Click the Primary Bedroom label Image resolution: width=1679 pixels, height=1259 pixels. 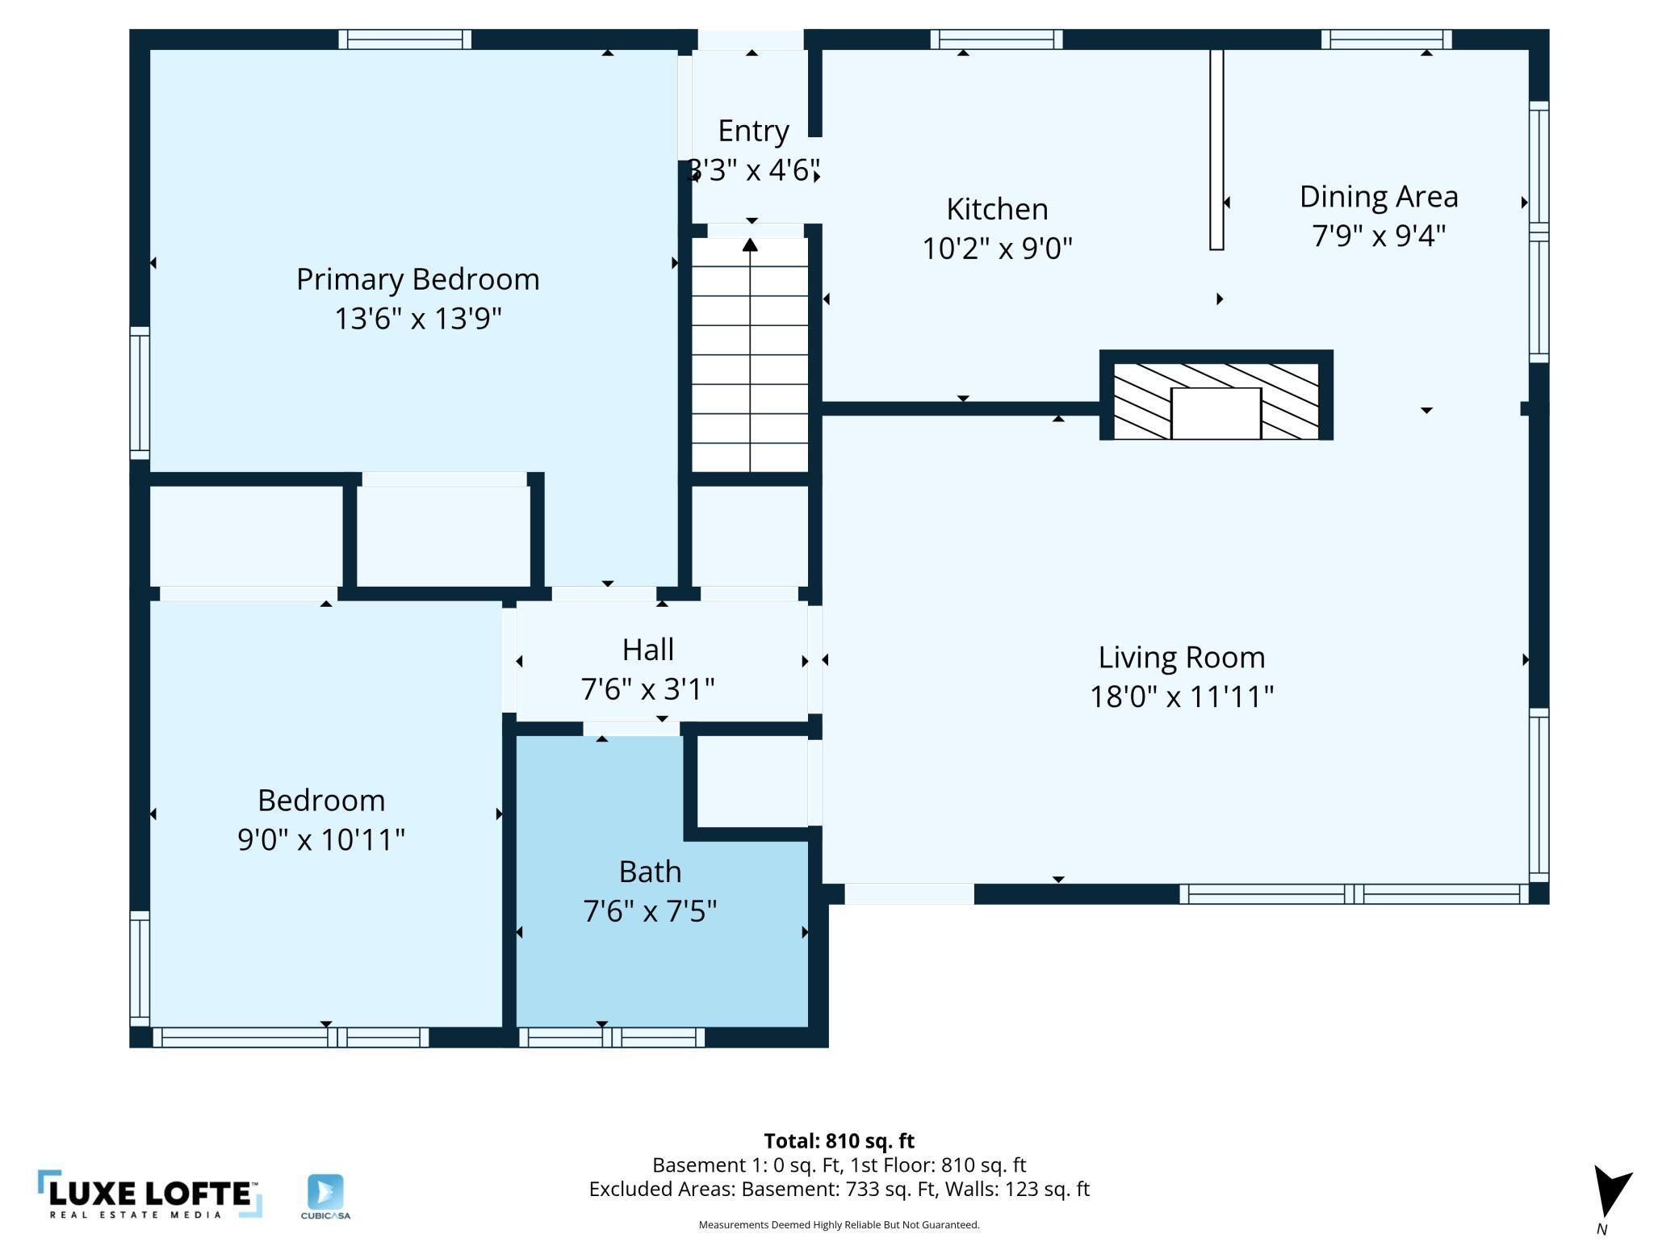pos(417,279)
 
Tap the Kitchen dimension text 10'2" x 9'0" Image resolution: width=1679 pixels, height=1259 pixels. pos(997,248)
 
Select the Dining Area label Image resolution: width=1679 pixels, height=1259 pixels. pos(1379,197)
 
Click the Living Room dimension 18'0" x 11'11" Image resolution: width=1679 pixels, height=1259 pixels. pos(1182,696)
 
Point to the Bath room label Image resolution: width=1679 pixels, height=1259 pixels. pos(650,872)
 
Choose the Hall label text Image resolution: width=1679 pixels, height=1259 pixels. pos(648,650)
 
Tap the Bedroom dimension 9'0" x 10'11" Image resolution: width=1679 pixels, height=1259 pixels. pos(321,839)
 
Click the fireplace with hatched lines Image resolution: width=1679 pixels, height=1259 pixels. pos(1216,395)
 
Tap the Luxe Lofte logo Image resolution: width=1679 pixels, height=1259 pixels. pos(150,1194)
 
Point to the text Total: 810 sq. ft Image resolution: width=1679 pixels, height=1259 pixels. pos(839,1141)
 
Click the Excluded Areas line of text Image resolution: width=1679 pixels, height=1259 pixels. pos(839,1189)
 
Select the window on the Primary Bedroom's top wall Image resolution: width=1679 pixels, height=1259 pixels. pos(404,40)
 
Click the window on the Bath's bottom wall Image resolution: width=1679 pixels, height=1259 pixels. pos(611,1037)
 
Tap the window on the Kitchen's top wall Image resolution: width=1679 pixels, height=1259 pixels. pos(996,40)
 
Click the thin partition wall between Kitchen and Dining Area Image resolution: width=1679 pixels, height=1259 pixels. pos(1216,150)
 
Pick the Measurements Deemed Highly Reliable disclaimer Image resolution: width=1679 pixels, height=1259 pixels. pos(839,1225)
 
